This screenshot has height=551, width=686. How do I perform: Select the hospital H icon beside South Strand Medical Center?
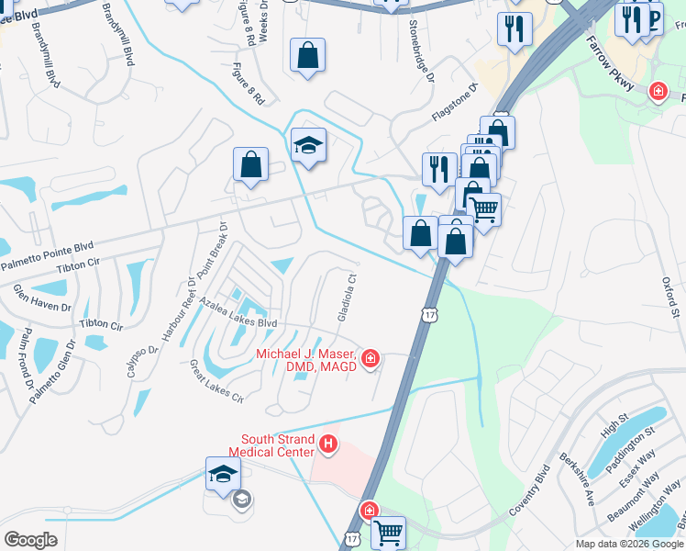329,446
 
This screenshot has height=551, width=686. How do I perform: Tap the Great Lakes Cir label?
216,381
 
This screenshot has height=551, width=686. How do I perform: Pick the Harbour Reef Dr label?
179,310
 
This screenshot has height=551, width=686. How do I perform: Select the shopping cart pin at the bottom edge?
388,532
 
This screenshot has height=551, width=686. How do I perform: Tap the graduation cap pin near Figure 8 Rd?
309,145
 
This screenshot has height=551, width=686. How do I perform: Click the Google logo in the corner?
30,540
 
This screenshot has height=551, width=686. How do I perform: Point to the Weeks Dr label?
263,20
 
